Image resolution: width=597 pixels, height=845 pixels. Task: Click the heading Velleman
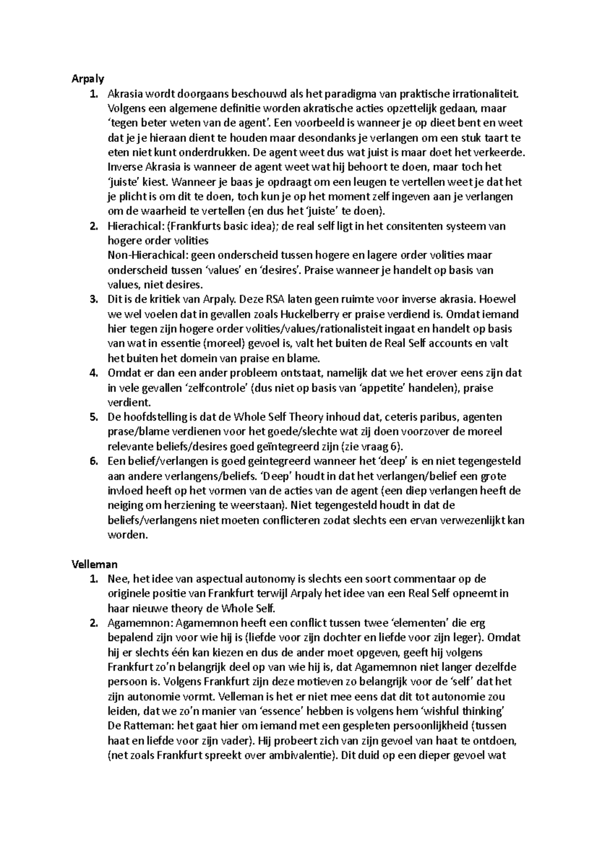click(x=94, y=564)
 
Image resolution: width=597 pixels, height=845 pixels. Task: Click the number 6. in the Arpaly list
click(x=94, y=461)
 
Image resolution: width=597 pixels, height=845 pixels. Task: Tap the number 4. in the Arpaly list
click(x=94, y=373)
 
